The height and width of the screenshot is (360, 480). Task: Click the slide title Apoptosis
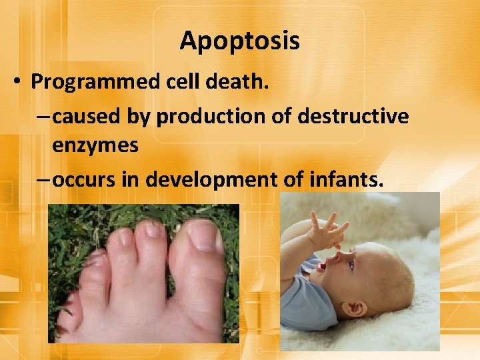pos(239,41)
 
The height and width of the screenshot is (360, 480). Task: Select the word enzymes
pos(95,145)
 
